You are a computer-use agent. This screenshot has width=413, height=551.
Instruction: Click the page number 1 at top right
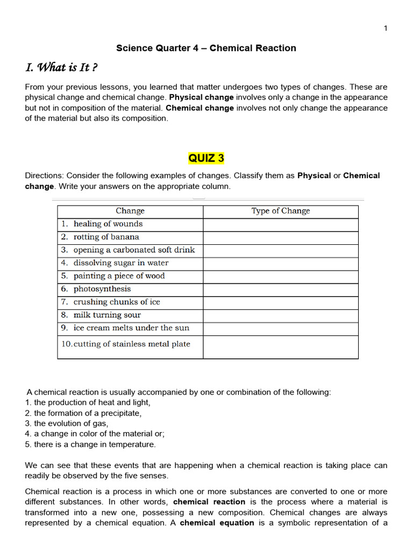(385, 29)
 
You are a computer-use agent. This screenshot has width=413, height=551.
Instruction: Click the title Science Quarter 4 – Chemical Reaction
(206, 48)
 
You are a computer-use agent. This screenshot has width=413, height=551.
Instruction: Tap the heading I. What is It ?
(61, 68)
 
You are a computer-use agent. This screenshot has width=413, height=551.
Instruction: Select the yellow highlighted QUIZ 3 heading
(206, 158)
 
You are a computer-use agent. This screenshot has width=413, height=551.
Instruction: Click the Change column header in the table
(130, 211)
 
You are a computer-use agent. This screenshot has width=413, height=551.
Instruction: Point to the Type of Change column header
(280, 211)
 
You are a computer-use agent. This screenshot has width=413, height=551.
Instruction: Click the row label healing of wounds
(108, 224)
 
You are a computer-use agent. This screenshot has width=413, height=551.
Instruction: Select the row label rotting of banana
(106, 237)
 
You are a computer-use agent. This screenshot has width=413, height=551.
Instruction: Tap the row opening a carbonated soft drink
(134, 250)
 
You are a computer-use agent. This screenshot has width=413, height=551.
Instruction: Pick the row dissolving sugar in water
(120, 263)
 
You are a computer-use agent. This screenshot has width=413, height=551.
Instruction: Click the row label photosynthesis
(102, 289)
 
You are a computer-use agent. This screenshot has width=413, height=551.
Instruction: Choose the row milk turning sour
(107, 315)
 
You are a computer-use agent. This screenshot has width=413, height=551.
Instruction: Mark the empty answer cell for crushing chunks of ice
(280, 302)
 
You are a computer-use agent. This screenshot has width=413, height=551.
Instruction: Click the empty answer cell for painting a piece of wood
(280, 276)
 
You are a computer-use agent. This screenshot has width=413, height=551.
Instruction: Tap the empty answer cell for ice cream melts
(280, 328)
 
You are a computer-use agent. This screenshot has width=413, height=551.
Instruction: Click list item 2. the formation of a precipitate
(83, 413)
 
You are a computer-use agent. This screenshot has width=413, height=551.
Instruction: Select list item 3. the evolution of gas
(67, 423)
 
